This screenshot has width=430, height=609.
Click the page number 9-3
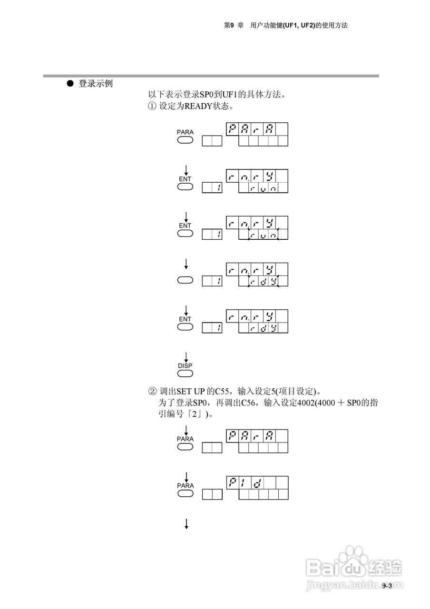pyautogui.click(x=386, y=586)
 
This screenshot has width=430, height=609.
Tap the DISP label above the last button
pyautogui.click(x=185, y=365)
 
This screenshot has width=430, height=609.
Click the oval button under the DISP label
pyautogui.click(x=185, y=373)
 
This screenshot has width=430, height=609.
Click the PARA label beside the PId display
pyautogui.click(x=185, y=485)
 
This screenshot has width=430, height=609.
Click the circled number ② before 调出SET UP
pyautogui.click(x=152, y=392)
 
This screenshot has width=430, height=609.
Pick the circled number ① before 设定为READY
pyautogui.click(x=152, y=106)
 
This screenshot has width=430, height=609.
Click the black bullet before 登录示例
pyautogui.click(x=70, y=84)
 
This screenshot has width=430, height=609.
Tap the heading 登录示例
pyautogui.click(x=95, y=84)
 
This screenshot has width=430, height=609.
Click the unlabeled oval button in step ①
pyautogui.click(x=185, y=280)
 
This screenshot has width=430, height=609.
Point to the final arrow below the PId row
pyautogui.click(x=186, y=524)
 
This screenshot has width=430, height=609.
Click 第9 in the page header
pyautogui.click(x=230, y=25)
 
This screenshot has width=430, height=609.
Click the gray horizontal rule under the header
pyautogui.click(x=211, y=76)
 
